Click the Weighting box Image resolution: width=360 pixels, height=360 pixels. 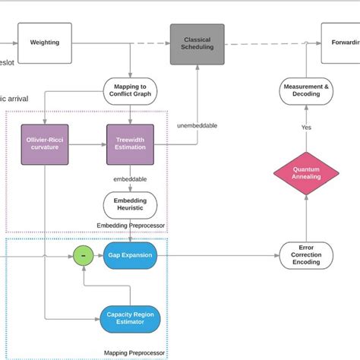[44, 43]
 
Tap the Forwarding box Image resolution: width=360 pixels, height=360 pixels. [341, 43]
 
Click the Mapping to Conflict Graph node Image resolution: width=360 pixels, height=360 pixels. [130, 91]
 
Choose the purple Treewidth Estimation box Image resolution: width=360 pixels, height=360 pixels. [130, 144]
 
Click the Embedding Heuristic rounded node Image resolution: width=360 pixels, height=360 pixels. [130, 205]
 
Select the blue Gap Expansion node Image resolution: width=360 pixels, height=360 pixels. [130, 255]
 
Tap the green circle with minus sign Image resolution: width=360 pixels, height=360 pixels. [83, 255]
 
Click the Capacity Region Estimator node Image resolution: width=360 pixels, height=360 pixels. [130, 319]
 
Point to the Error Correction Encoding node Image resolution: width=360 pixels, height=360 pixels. [305, 255]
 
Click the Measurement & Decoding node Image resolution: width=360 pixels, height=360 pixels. [305, 91]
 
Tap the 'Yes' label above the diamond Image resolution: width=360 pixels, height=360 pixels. [305, 128]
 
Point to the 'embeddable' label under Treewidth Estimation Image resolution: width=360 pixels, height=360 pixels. [130, 179]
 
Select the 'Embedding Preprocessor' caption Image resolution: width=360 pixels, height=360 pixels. [131, 226]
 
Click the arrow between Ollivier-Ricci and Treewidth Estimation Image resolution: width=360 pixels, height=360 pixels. [87, 144]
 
